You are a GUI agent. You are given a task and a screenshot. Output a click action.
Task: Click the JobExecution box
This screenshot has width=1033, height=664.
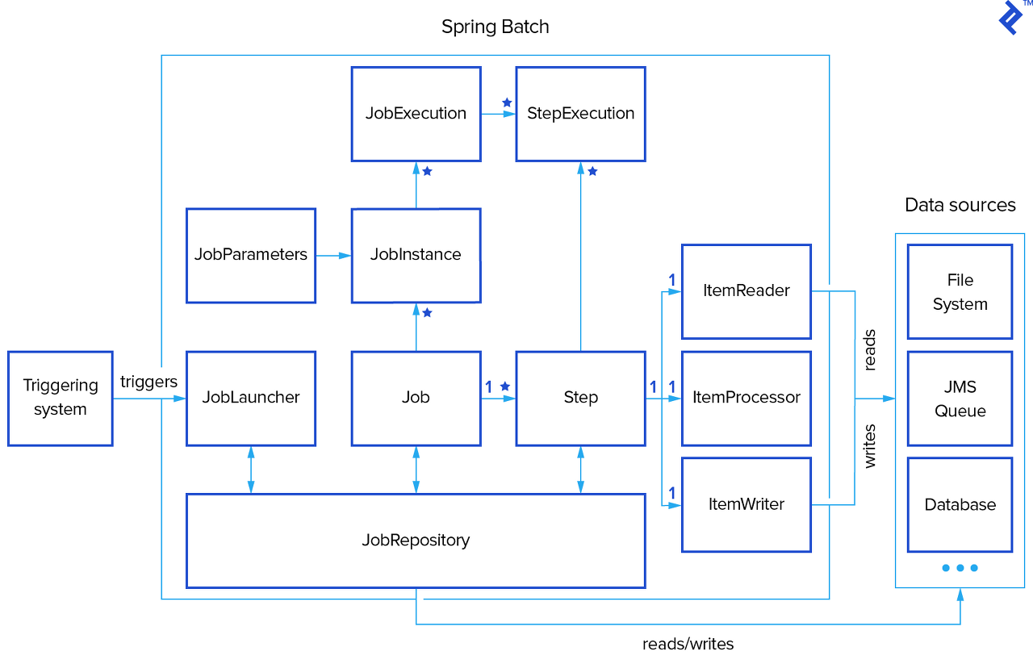pyautogui.click(x=416, y=114)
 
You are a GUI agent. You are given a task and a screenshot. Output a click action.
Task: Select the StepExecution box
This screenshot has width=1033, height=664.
pyautogui.click(x=580, y=114)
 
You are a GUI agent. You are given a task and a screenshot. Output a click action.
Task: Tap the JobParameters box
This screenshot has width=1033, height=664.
pyautogui.click(x=250, y=255)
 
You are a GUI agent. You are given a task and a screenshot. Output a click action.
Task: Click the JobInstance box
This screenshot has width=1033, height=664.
pyautogui.click(x=416, y=255)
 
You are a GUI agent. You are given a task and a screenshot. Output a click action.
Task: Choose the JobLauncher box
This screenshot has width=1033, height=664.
pyautogui.click(x=250, y=398)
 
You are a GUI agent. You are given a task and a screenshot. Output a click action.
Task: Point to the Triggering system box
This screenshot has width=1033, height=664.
pyautogui.click(x=60, y=398)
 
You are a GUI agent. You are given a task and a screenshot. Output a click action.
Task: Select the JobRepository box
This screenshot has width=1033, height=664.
pyautogui.click(x=416, y=541)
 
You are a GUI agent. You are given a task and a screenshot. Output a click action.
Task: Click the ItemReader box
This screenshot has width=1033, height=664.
pyautogui.click(x=746, y=291)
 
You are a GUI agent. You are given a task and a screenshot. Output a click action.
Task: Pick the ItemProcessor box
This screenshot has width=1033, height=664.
pyautogui.click(x=746, y=398)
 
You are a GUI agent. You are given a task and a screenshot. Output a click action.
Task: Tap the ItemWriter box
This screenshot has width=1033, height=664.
pyautogui.click(x=746, y=504)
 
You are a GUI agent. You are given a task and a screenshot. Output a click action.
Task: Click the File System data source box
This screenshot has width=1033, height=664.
pyautogui.click(x=960, y=292)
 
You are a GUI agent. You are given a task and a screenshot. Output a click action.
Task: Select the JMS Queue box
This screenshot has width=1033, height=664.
pyautogui.click(x=960, y=399)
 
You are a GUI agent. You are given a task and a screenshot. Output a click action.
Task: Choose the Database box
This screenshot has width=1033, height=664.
pyautogui.click(x=960, y=505)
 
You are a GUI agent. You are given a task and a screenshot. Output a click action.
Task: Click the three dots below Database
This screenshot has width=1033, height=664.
pyautogui.click(x=960, y=568)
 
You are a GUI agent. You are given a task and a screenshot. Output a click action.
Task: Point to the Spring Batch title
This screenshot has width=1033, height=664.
pyautogui.click(x=495, y=27)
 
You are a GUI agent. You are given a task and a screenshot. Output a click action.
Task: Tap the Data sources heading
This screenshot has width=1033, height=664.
pyautogui.click(x=960, y=205)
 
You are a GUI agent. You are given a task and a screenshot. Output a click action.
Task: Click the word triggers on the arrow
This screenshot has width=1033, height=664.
pyautogui.click(x=148, y=382)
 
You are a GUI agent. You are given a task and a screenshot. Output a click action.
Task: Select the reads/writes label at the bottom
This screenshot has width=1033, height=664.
pyautogui.click(x=688, y=644)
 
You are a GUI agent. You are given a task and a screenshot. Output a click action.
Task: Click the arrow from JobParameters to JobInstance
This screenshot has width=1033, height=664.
pyautogui.click(x=333, y=256)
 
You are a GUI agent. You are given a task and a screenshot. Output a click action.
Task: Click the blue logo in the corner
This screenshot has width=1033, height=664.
pyautogui.click(x=1010, y=17)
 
